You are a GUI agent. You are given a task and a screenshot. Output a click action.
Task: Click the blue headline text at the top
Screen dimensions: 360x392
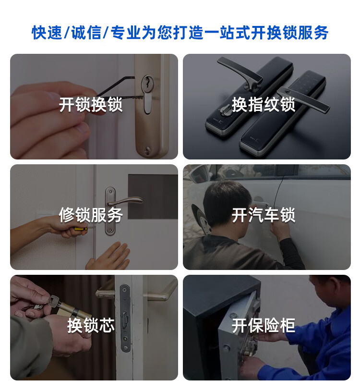180,33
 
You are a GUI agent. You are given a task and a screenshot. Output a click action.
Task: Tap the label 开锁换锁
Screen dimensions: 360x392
91,105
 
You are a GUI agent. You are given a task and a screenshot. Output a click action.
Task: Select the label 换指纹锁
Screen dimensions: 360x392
264,105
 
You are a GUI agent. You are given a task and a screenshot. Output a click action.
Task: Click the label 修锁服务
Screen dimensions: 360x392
91,215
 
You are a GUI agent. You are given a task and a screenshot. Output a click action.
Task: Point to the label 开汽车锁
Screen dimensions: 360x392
264,215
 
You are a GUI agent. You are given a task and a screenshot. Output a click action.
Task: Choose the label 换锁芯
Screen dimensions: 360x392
91,325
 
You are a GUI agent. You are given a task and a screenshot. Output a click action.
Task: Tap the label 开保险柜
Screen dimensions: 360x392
264,325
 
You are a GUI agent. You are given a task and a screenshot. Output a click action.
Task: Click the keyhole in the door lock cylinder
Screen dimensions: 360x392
147,82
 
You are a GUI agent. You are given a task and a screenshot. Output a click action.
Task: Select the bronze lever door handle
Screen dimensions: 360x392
125,201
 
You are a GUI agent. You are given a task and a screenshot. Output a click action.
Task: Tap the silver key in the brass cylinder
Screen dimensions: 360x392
54,302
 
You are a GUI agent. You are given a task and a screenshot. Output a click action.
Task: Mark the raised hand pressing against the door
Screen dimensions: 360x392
109,256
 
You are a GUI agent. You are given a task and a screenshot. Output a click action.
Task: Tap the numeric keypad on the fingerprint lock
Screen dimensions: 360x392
307,83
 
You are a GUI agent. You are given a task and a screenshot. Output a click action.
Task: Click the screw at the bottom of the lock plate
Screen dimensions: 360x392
148,150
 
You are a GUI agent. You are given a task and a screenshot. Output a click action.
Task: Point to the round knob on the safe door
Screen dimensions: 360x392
227,347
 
